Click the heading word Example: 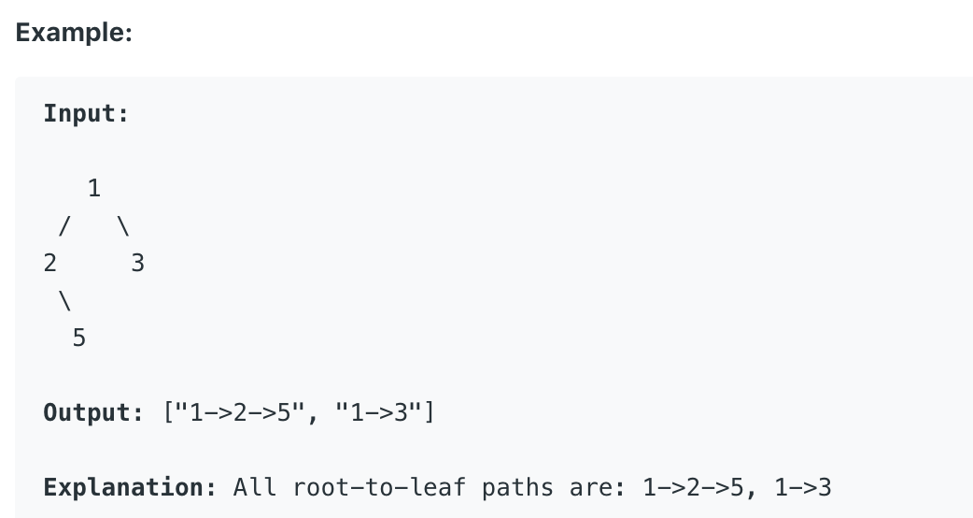74,33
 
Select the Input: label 86,114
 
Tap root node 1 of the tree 93,188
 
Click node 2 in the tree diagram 49,264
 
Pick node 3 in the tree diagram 138,264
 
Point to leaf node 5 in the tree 78,338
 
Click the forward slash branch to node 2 64,226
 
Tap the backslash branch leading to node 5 64,301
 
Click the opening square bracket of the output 169,412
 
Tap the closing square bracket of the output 429,412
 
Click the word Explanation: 130,487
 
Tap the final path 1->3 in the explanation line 803,487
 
